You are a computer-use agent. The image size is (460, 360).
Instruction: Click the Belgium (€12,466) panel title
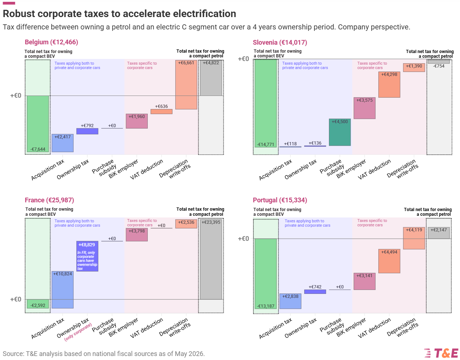tap(51, 42)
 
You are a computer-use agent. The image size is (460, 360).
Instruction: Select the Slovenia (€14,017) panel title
tap(280, 43)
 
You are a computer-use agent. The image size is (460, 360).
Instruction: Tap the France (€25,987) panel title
tap(49, 200)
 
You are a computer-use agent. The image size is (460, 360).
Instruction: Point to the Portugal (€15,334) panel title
tap(280, 200)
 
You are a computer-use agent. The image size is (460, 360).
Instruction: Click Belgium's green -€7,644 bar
tap(38, 124)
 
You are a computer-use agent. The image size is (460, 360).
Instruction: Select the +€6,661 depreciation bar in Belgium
tap(186, 85)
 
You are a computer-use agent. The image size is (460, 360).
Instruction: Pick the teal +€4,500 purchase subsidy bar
tap(339, 132)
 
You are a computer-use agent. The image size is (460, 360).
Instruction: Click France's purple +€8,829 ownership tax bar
tap(87, 256)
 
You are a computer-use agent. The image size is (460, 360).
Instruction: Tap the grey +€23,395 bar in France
tap(211, 259)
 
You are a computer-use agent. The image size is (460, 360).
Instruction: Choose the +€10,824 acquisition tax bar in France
tap(62, 290)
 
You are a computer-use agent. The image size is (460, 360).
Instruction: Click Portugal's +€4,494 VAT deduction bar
tap(389, 261)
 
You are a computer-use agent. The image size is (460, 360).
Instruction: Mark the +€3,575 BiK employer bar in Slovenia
tap(364, 108)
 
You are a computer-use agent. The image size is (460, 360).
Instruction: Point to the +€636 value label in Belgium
tap(161, 106)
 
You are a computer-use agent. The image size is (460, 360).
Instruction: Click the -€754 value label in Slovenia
tap(439, 66)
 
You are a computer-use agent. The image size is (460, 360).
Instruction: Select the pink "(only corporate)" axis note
tap(78, 332)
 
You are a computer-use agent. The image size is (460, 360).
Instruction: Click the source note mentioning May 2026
tap(104, 354)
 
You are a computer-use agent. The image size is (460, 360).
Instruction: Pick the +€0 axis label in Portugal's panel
tap(244, 239)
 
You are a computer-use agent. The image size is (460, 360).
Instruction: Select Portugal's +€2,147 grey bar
tap(439, 233)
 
